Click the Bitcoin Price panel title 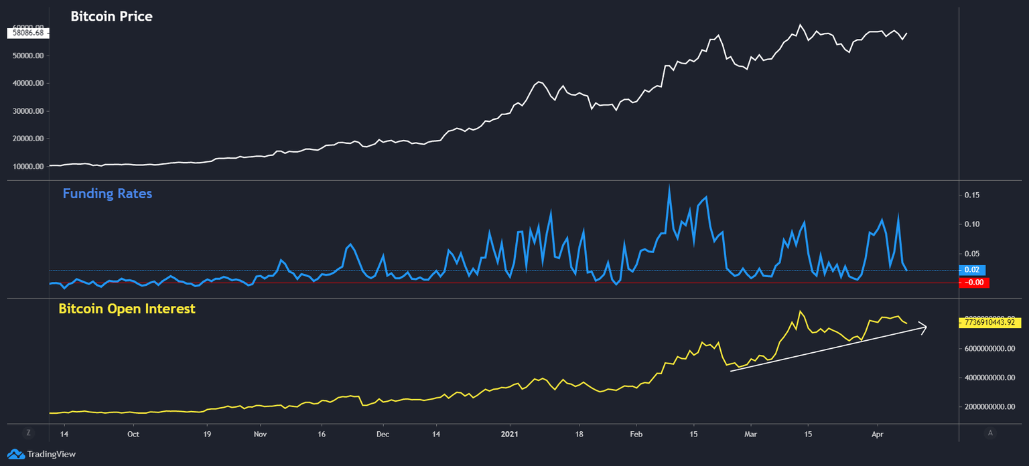pyautogui.click(x=111, y=16)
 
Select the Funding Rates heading pyautogui.click(x=107, y=193)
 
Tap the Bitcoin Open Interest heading pyautogui.click(x=127, y=309)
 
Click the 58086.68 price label pyautogui.click(x=28, y=32)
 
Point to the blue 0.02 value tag pyautogui.click(x=972, y=270)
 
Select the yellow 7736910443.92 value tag pyautogui.click(x=993, y=322)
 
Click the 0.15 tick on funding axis pyautogui.click(x=971, y=196)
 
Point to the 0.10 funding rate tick pyautogui.click(x=971, y=224)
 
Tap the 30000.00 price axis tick pyautogui.click(x=28, y=111)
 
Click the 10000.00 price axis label pyautogui.click(x=28, y=167)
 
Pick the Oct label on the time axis pyautogui.click(x=133, y=434)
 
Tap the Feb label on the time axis pyautogui.click(x=636, y=434)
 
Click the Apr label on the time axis pyautogui.click(x=878, y=434)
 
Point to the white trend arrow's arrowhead pyautogui.click(x=924, y=327)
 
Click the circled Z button pyautogui.click(x=28, y=433)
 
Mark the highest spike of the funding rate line pyautogui.click(x=669, y=187)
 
